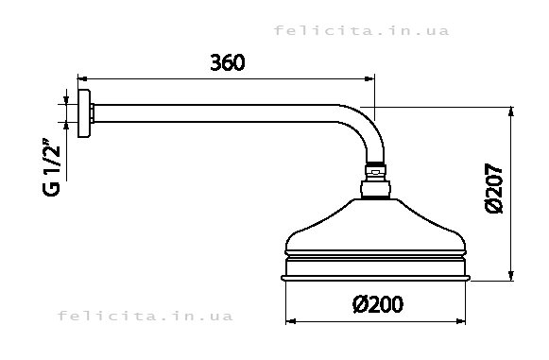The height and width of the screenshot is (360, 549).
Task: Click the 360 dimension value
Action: pyautogui.click(x=228, y=62)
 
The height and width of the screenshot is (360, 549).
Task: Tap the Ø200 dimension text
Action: pyautogui.click(x=377, y=304)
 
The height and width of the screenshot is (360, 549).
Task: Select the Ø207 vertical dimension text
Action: pyautogui.click(x=494, y=188)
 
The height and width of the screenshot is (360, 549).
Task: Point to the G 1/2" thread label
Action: pyautogui.click(x=51, y=166)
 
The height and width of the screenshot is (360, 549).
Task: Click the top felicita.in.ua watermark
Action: pyautogui.click(x=361, y=30)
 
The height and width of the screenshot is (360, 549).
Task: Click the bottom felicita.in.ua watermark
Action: pyautogui.click(x=145, y=316)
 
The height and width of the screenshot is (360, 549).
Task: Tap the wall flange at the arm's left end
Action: pyautogui.click(x=84, y=113)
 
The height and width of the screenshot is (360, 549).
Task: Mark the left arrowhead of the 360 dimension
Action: pyautogui.click(x=82, y=78)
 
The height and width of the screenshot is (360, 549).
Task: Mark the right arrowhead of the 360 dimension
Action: pyautogui.click(x=369, y=78)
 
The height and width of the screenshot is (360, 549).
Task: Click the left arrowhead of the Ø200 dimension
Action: pyautogui.click(x=291, y=321)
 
